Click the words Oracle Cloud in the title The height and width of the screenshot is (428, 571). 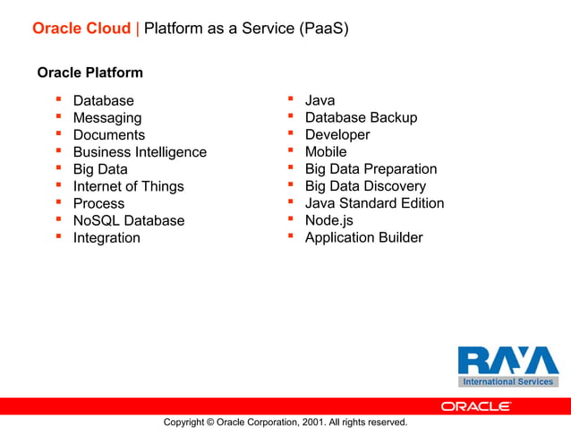81,29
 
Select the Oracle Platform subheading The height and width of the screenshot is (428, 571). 89,72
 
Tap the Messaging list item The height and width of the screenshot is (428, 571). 107,118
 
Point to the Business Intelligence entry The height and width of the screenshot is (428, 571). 140,152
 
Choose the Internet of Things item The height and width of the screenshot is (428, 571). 128,186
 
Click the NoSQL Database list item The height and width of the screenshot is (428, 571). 129,220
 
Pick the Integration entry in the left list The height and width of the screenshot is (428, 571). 107,238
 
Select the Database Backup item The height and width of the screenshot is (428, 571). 361,118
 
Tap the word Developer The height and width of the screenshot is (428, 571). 337,135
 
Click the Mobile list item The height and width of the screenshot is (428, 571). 326,152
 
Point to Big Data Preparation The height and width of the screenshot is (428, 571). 371,169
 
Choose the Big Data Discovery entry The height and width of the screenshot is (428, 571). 365,186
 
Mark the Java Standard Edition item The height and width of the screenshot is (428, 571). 374,203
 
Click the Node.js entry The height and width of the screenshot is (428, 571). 329,220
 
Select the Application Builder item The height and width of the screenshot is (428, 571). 363,238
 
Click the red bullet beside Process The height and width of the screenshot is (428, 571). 58,203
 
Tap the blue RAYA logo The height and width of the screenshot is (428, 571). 507,361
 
